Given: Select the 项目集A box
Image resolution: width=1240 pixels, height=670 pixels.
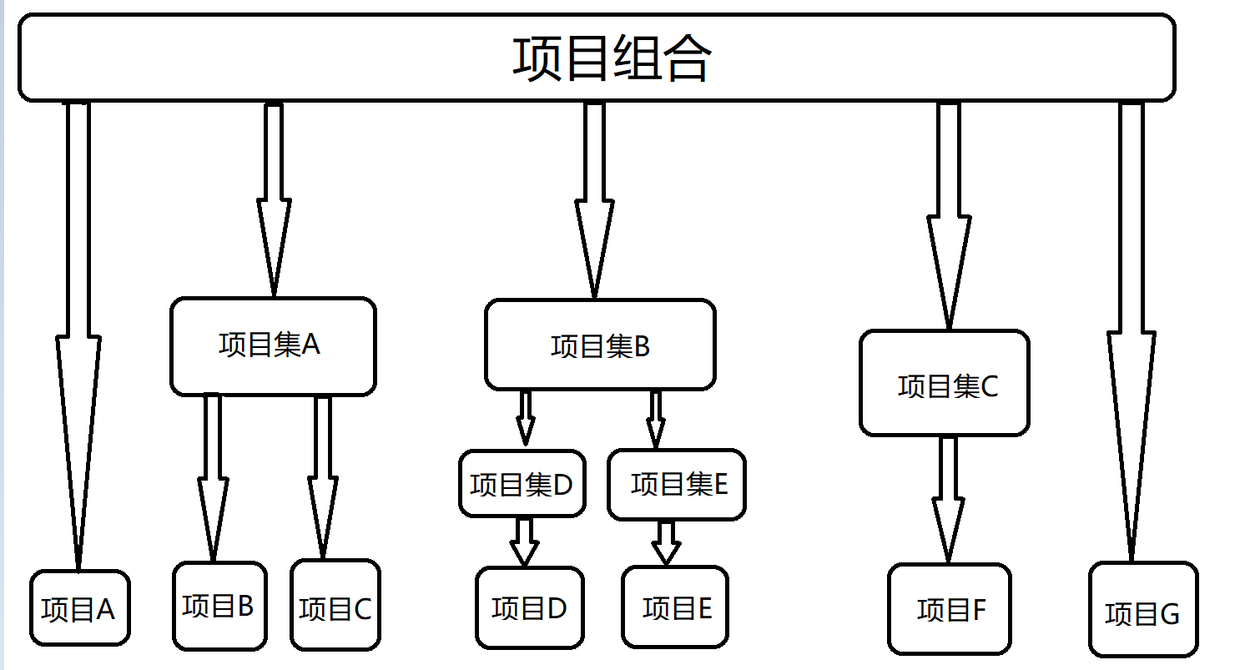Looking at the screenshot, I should pyautogui.click(x=273, y=345).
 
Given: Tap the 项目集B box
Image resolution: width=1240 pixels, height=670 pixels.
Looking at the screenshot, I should pyautogui.click(x=600, y=345).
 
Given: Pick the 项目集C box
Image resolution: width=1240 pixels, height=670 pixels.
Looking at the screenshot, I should pyautogui.click(x=944, y=384).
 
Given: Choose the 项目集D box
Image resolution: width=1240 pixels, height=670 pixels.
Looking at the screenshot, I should pyautogui.click(x=522, y=484).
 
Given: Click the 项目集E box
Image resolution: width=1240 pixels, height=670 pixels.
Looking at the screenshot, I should pyautogui.click(x=676, y=484).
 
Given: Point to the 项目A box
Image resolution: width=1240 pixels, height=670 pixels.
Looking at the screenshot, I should pyautogui.click(x=80, y=608).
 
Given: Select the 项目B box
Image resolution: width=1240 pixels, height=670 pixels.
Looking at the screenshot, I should pyautogui.click(x=219, y=606).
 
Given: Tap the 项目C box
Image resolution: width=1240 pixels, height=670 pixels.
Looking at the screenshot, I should pyautogui.click(x=335, y=606).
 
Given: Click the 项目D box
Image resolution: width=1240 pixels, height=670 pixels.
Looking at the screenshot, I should pyautogui.click(x=529, y=607).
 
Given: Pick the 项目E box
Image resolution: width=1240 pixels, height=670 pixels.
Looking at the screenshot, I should pyautogui.click(x=675, y=607).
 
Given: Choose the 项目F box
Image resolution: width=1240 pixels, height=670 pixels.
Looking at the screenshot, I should pyautogui.click(x=949, y=609).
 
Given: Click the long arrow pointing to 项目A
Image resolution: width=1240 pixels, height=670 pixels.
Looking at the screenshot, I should pyautogui.click(x=78, y=334).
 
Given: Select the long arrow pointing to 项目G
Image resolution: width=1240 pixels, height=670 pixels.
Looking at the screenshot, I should pyautogui.click(x=1132, y=334).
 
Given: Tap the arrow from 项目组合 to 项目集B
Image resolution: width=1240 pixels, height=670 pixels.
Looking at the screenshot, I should pyautogui.click(x=594, y=200).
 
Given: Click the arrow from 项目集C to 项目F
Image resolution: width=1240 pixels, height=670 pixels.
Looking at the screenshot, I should pyautogui.click(x=948, y=501).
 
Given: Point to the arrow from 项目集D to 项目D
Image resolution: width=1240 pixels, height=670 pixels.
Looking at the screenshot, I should pyautogui.click(x=524, y=542).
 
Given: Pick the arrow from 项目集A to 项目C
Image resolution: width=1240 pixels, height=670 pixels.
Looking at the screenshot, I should pyautogui.click(x=323, y=476).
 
